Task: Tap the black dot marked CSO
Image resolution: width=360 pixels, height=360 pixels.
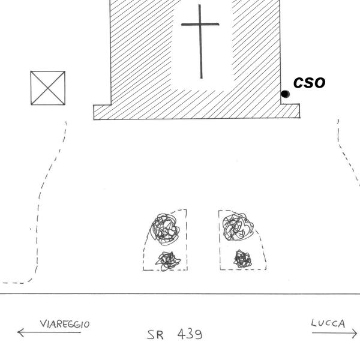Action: tap(285, 94)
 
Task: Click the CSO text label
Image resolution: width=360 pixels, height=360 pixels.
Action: tap(309, 82)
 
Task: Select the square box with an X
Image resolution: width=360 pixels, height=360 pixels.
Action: tap(48, 88)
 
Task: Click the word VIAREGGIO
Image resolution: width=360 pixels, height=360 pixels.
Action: tap(65, 325)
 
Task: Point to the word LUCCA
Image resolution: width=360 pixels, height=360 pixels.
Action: tap(328, 324)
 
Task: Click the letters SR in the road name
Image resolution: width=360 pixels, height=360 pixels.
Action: tap(155, 334)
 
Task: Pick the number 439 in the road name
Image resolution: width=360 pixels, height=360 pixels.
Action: tap(190, 334)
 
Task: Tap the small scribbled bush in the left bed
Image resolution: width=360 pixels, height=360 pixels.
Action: tap(168, 259)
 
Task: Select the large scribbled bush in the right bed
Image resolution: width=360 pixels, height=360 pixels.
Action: tap(236, 227)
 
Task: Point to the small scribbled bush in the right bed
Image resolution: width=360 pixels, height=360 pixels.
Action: tap(242, 259)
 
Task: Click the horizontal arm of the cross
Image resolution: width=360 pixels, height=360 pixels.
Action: tap(200, 25)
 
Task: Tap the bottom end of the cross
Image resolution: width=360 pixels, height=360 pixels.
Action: tap(202, 77)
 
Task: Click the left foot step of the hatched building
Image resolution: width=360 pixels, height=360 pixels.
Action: tap(102, 112)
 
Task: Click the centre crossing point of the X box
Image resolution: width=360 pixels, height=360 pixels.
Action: tap(48, 88)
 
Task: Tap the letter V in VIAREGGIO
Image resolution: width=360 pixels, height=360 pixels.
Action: tap(43, 325)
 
